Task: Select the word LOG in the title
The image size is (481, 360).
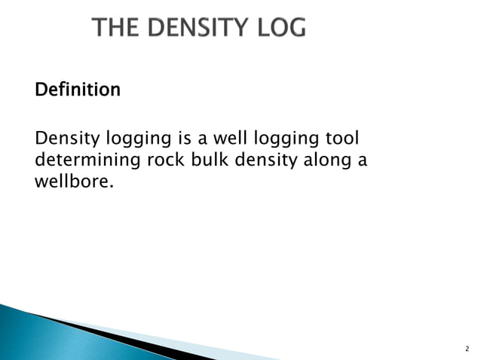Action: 280,28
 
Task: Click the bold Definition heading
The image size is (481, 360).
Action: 78,90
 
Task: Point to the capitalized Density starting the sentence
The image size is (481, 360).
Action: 62,139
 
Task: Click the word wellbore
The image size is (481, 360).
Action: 72,182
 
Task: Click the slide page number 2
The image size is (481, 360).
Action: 466,349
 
